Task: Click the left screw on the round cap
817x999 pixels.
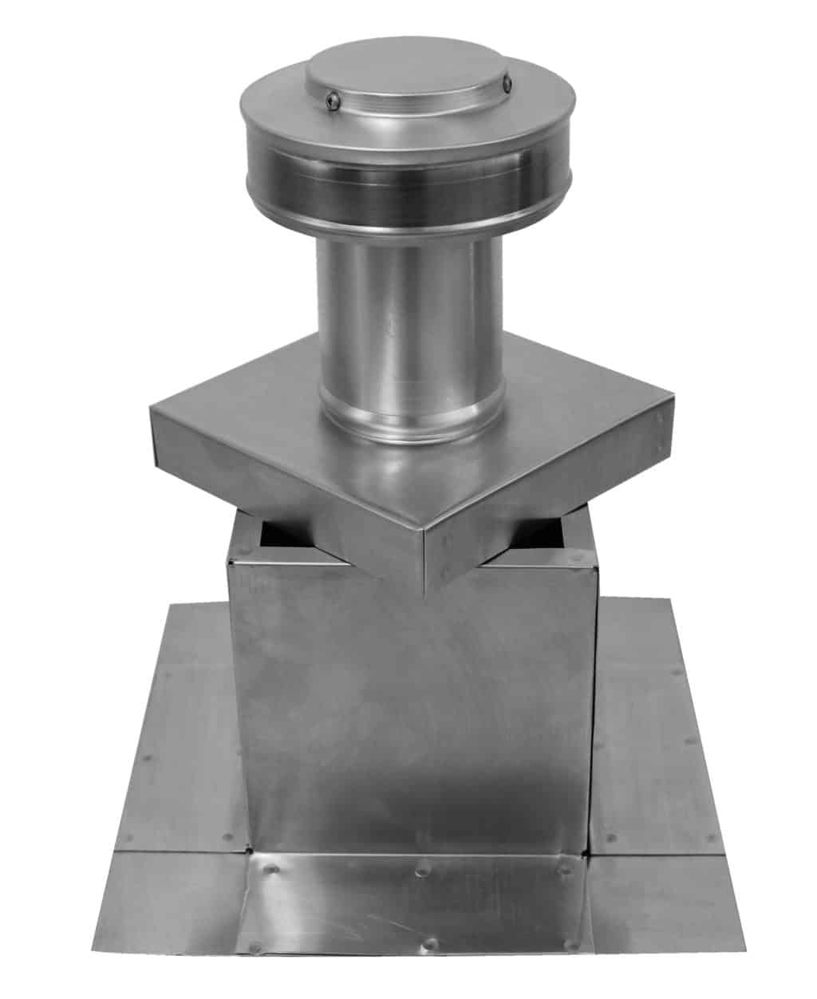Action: (x=335, y=100)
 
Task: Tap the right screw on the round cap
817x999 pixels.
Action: (x=508, y=81)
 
